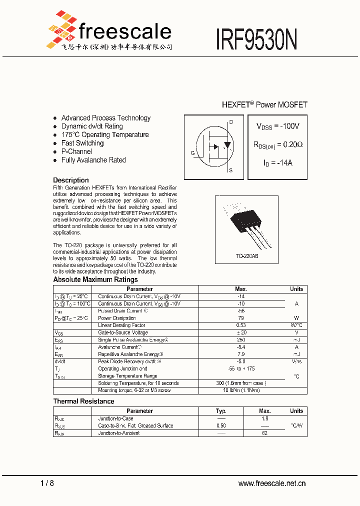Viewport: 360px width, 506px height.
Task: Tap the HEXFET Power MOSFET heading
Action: coord(264,104)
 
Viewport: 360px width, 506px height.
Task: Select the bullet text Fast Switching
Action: coord(82,143)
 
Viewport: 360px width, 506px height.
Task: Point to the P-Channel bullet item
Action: coord(76,151)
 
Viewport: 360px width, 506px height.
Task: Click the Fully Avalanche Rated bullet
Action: coord(93,160)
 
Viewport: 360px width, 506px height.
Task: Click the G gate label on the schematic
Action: coord(192,153)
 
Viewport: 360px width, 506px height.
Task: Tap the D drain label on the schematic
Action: coord(230,122)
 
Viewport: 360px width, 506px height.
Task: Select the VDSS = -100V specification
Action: coord(278,127)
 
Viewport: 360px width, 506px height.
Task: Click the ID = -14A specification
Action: coord(277,163)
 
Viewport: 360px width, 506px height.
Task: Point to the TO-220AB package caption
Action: coord(247,256)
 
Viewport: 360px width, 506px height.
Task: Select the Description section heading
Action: coord(71,180)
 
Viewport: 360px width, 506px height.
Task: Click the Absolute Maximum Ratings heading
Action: coord(95,279)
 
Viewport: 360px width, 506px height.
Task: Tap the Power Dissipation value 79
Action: coord(240,318)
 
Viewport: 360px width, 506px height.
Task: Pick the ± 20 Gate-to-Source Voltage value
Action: coord(240,332)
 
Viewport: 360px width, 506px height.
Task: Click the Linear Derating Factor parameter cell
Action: coord(121,325)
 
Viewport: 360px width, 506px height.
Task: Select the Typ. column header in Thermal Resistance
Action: coord(220,411)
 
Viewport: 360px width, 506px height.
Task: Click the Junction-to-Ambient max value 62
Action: coord(264,433)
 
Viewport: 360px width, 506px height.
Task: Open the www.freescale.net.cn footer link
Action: coord(271,483)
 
